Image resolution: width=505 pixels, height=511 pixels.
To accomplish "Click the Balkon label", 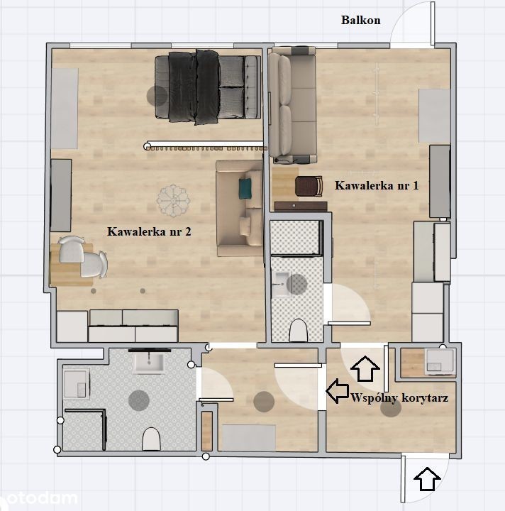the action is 361,20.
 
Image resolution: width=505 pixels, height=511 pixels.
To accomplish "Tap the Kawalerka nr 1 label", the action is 377,185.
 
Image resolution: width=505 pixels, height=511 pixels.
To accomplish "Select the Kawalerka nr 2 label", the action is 149,231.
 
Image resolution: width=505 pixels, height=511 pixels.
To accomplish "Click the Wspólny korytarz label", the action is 399,398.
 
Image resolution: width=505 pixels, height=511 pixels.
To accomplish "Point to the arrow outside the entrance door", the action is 427,479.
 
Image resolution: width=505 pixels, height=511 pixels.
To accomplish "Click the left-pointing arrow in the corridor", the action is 338,391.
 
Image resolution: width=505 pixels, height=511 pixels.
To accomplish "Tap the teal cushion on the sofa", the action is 245,188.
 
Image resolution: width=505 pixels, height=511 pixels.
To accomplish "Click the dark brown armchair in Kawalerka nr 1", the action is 309,187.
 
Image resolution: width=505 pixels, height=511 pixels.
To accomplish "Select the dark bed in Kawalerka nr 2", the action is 208,87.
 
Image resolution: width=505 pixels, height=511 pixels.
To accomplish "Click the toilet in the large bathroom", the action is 151,439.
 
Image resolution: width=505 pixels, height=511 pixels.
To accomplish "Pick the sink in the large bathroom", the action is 149,363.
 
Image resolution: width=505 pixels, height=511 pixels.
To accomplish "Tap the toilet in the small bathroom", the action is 298,331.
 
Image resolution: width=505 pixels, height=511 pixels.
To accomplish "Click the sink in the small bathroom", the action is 281,285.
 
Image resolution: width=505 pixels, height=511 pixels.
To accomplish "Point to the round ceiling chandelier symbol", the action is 173,200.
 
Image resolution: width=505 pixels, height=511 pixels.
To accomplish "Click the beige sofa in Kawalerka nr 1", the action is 292,105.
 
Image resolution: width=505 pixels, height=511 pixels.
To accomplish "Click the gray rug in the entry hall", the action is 249,438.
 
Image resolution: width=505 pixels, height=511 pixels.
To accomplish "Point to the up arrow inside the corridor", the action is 365,368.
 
